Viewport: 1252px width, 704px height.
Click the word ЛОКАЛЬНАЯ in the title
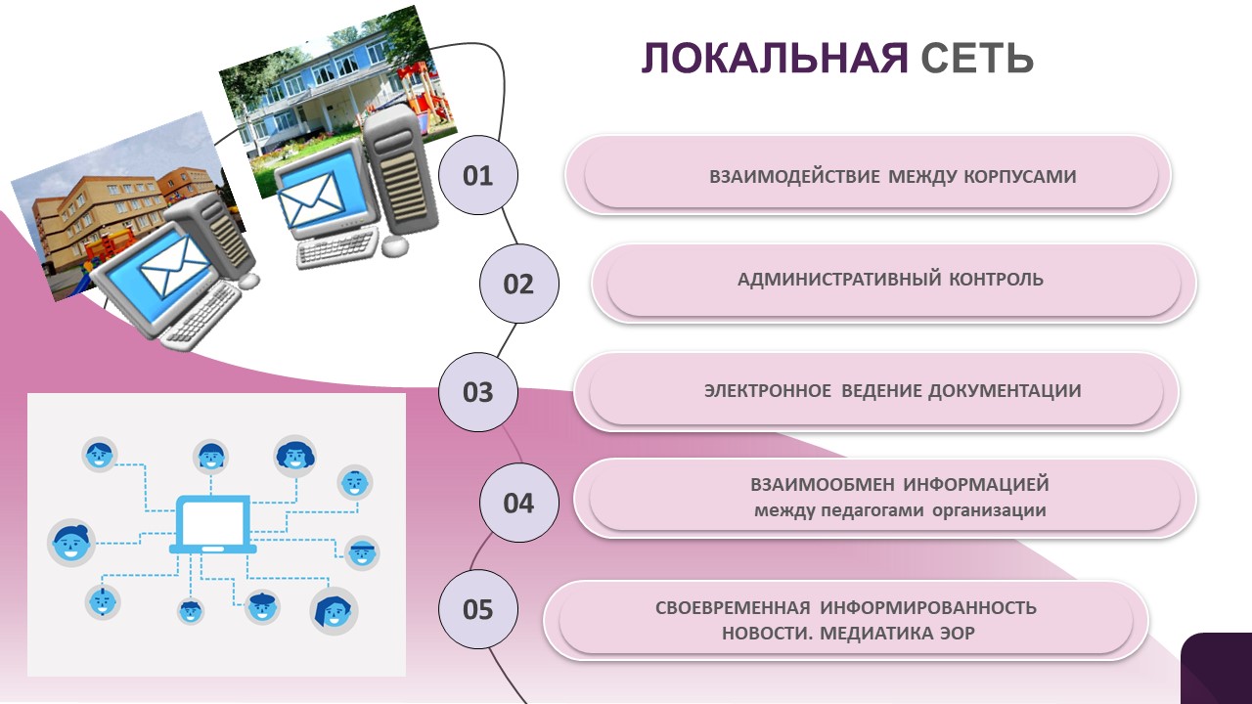[775, 59]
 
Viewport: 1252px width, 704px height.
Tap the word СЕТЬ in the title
[976, 59]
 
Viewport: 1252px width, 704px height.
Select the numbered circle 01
[478, 176]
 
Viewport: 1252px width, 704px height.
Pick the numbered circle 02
[518, 284]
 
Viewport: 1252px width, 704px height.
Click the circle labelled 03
[478, 392]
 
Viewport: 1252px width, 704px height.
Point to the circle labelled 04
[518, 503]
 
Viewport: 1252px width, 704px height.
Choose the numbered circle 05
[478, 609]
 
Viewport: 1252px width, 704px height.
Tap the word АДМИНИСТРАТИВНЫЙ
[839, 280]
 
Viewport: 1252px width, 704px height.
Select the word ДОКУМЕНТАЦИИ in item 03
[1005, 391]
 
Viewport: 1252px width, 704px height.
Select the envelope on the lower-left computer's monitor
[174, 267]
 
